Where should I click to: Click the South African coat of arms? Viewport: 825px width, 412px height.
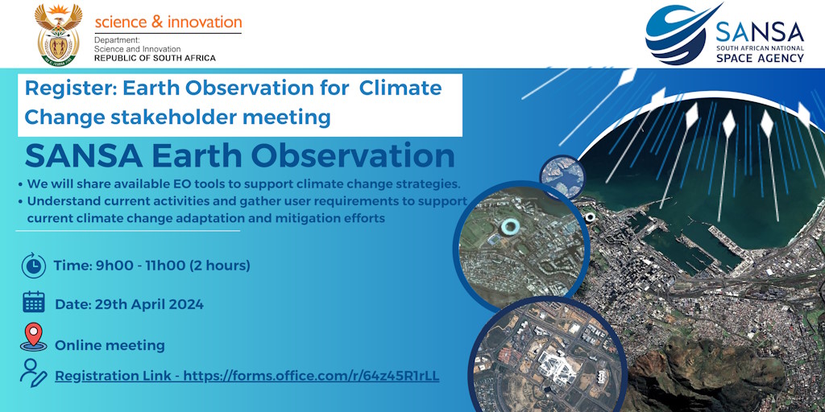[x=58, y=34]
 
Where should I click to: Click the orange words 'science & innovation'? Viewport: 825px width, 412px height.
[x=168, y=22]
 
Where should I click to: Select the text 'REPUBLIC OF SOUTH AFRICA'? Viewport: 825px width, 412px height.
[x=155, y=58]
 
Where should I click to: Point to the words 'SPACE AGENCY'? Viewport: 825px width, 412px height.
[x=760, y=58]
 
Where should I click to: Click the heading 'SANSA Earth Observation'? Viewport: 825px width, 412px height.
[x=239, y=156]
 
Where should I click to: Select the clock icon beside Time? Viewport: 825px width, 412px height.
[x=34, y=266]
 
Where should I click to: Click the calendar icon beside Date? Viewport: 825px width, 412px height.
[x=34, y=303]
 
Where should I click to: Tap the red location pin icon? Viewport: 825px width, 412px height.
[x=34, y=336]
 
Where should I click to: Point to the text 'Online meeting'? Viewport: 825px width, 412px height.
[x=110, y=346]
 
